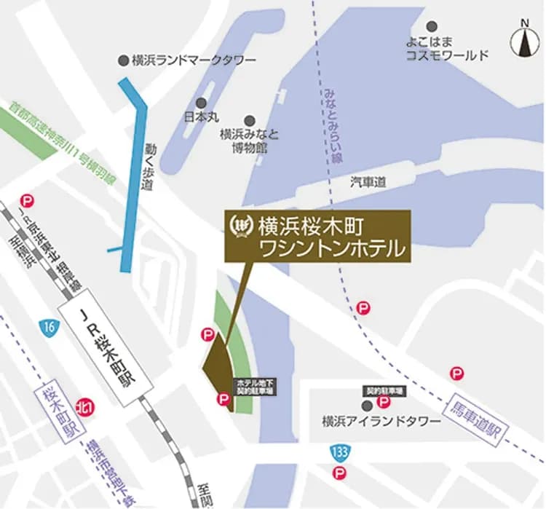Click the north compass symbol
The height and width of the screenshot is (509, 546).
(523, 42)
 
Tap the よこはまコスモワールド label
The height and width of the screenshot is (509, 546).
(447, 49)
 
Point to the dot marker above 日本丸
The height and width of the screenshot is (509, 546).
(201, 103)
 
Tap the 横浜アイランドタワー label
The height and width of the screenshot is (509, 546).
(381, 422)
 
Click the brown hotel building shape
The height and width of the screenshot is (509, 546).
(216, 364)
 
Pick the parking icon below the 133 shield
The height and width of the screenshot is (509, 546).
(339, 474)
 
